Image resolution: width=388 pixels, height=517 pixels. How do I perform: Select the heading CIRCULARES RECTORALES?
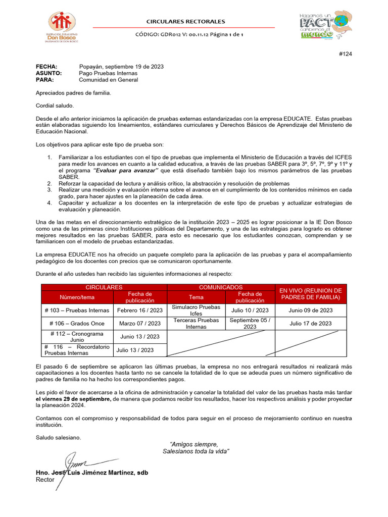185,22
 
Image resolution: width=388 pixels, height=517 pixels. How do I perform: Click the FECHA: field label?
46,67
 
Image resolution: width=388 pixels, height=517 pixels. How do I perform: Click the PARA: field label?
45,80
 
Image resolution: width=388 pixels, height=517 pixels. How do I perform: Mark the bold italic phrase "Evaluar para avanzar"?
126,171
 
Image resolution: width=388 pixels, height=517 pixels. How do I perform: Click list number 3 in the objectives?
50,190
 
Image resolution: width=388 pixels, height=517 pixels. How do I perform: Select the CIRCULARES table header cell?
104,287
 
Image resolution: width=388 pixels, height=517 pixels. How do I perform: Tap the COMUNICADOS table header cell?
220,287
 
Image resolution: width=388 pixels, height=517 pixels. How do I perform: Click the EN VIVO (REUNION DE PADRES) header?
310,294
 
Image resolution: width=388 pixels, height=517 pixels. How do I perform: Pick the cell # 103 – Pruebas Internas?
76,310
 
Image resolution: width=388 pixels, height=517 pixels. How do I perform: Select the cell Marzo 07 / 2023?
140,323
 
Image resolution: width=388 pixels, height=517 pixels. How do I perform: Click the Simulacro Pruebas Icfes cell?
196,310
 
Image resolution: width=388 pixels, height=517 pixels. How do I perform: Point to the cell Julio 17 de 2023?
310,323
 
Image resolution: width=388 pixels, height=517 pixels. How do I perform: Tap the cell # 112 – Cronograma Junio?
76,337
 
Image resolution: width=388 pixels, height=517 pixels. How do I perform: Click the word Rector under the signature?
44,480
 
